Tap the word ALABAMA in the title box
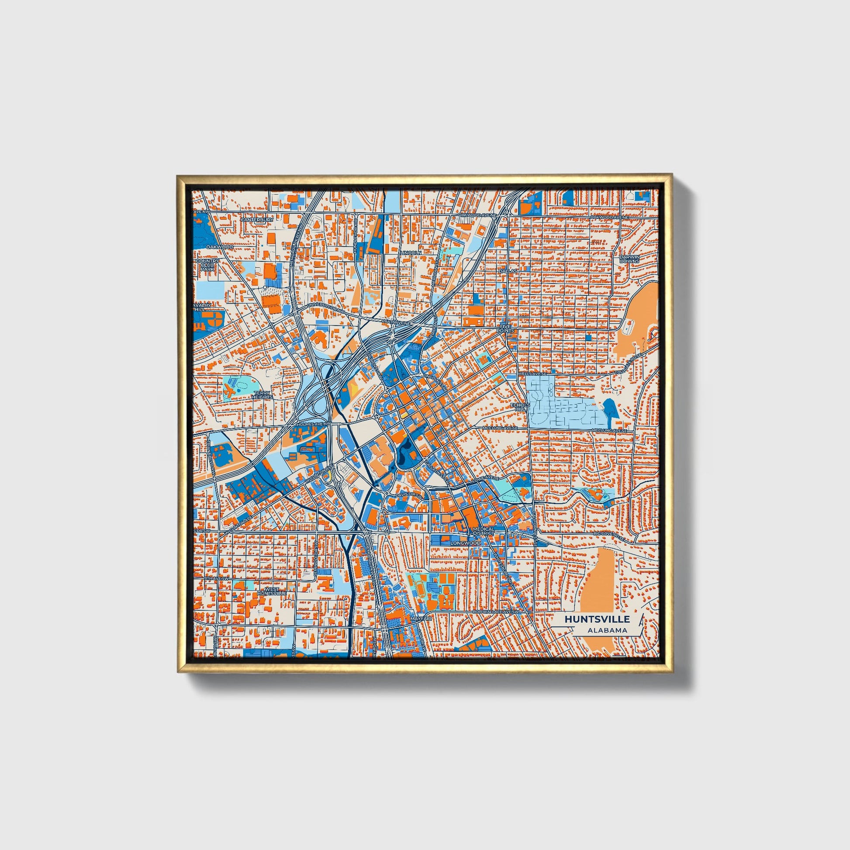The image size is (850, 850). coord(607,630)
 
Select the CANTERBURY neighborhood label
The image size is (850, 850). coord(257,219)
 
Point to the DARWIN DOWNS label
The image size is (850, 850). coord(629,259)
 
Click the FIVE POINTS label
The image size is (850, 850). coord(505,328)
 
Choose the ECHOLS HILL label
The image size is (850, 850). coord(518,407)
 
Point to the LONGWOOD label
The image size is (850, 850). coord(466,543)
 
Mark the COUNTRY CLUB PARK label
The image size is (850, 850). coord(207,264)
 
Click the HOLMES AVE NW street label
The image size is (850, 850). coord(313,424)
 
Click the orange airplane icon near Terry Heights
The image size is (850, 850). coord(228,389)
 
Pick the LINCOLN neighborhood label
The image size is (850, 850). coord(411,253)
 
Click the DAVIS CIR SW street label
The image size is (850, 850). coord(409,495)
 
